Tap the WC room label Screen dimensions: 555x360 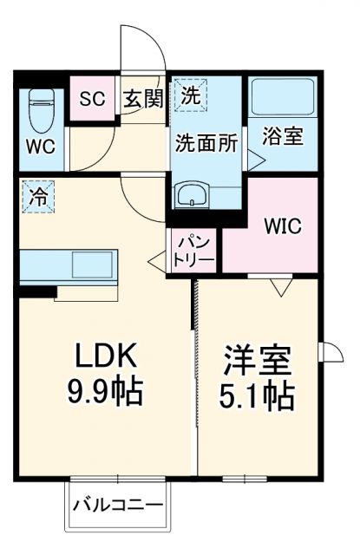[x=40, y=147]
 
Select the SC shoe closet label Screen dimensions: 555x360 [x=92, y=98]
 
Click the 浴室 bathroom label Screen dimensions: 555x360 [x=285, y=137]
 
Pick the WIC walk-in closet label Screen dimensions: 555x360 [x=282, y=227]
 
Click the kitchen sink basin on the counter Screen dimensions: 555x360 [x=91, y=264]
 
